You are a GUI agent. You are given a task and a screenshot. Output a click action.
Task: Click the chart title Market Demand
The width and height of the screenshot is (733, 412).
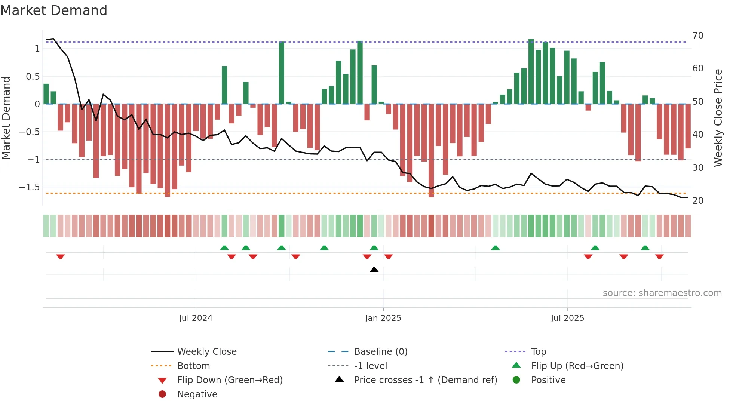[x=54, y=10]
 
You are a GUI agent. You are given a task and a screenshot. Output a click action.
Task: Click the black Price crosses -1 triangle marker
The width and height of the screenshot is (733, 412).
[x=374, y=270]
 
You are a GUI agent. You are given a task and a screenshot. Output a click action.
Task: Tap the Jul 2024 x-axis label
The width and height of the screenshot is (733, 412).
[x=196, y=318]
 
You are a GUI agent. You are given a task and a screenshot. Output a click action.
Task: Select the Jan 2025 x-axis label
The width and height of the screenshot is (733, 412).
[x=383, y=318]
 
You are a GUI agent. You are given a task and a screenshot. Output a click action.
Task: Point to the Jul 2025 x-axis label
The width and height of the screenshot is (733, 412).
[x=567, y=318]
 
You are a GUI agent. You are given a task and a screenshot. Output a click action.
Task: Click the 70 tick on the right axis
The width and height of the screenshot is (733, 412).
[x=698, y=36]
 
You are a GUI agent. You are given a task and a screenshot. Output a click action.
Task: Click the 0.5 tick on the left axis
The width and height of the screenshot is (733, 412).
[x=33, y=77]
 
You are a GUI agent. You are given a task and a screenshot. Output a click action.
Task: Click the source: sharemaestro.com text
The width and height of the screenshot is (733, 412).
[x=662, y=293]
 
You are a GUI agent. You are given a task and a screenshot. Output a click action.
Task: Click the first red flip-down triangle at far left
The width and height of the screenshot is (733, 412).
[x=61, y=256]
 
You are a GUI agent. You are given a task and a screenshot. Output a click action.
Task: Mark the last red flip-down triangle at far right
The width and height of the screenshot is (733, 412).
[x=659, y=256]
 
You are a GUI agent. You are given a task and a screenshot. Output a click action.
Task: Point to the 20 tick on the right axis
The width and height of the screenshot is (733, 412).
[x=698, y=201]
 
